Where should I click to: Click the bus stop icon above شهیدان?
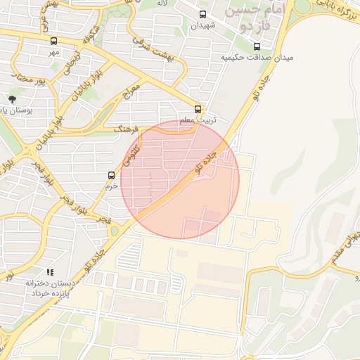[x=203, y=14]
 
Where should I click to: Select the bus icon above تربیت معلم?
[x=198, y=109]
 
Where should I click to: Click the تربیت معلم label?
[x=198, y=120]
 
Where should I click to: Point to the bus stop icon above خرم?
[x=111, y=175]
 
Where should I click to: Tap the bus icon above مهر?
[x=54, y=41]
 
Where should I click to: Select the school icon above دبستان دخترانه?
[x=49, y=271]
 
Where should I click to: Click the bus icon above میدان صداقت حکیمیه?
[x=256, y=46]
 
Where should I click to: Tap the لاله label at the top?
[x=162, y=4]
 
